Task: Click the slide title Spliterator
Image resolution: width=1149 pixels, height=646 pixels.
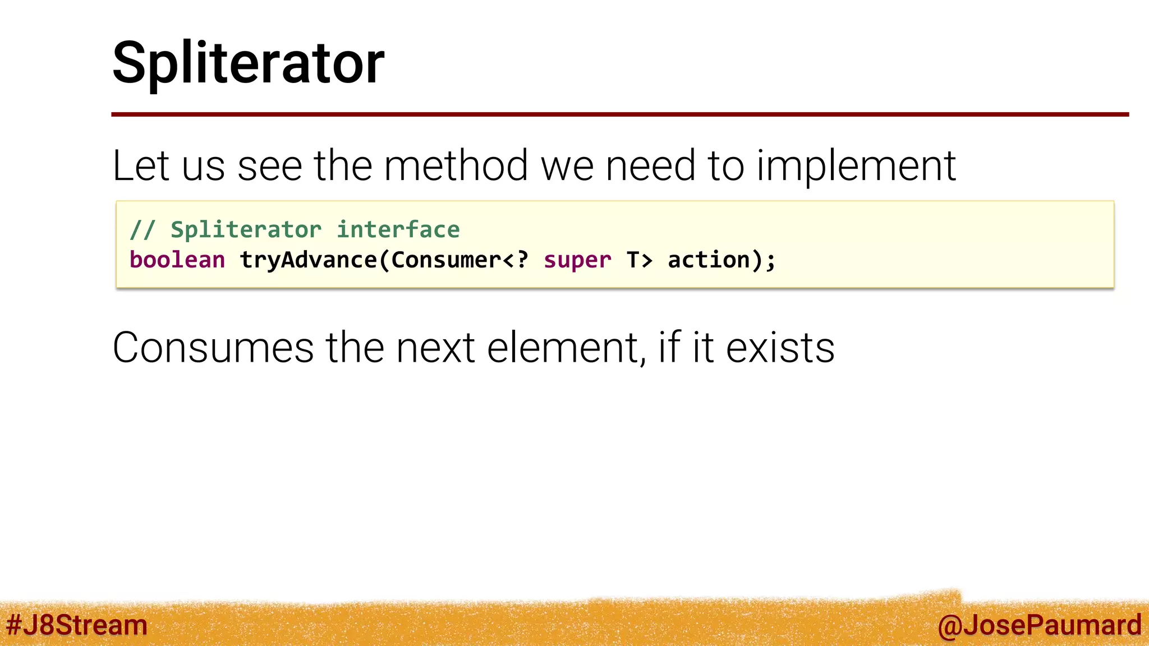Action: click(248, 63)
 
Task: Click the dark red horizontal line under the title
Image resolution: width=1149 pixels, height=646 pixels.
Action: click(619, 114)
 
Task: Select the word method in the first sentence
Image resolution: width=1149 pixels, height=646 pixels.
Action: click(456, 166)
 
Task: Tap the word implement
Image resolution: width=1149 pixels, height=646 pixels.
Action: click(856, 166)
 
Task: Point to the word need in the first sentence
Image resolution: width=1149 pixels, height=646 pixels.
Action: click(651, 166)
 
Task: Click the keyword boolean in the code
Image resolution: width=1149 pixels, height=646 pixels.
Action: click(177, 260)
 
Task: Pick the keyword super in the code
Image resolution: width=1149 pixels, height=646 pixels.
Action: click(577, 260)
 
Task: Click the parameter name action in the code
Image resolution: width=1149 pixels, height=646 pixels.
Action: click(709, 260)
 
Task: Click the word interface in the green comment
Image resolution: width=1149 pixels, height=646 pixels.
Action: click(398, 230)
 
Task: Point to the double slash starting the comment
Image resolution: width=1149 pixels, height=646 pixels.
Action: click(142, 230)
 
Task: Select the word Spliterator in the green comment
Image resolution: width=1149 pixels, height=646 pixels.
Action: click(246, 230)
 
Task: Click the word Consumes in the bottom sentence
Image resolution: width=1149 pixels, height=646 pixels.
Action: click(213, 348)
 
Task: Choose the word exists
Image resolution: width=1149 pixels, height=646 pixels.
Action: click(780, 348)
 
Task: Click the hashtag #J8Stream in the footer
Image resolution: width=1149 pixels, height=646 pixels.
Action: click(76, 625)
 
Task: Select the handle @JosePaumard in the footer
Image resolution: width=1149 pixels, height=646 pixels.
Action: click(1039, 625)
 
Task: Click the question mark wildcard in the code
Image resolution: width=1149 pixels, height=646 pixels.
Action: click(522, 260)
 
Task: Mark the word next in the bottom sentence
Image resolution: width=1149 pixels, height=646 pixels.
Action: click(435, 348)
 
